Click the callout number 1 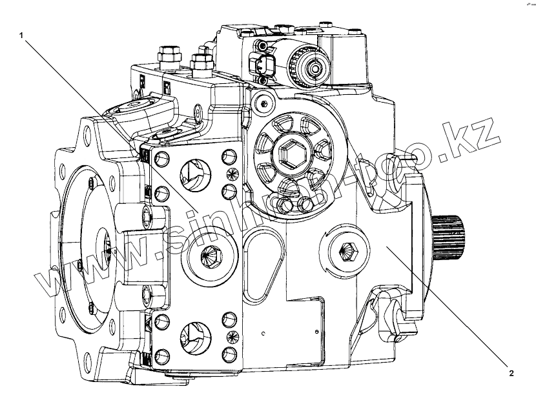point(23,36)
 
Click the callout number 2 point(511,372)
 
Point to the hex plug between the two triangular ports point(211,255)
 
